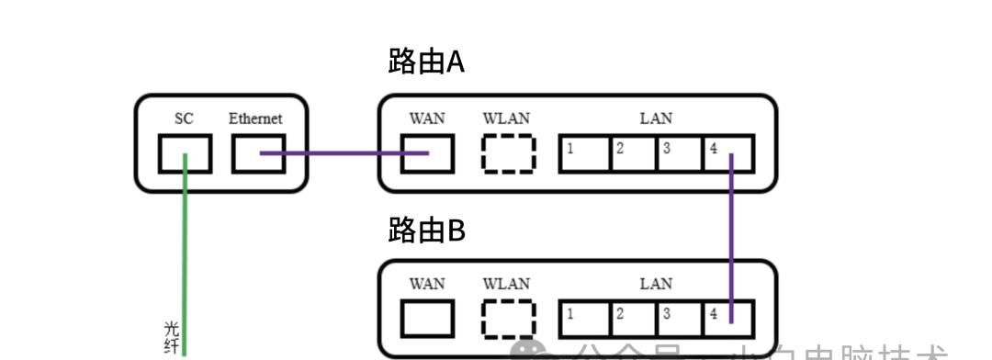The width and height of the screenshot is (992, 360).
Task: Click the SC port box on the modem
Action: (185, 153)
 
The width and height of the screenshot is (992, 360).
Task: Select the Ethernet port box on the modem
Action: (258, 153)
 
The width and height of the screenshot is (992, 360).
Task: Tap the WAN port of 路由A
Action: (427, 153)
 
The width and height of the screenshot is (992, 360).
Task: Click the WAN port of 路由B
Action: (427, 319)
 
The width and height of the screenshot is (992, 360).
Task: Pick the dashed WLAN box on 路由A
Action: (508, 153)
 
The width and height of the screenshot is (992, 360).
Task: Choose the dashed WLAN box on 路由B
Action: (508, 319)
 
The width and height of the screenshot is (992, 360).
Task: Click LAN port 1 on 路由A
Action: (586, 154)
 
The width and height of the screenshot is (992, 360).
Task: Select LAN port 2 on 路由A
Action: (634, 154)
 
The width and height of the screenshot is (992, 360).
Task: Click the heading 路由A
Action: (426, 63)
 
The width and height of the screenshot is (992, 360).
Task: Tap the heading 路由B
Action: (426, 231)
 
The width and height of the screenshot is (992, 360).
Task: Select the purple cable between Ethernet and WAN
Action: (344, 153)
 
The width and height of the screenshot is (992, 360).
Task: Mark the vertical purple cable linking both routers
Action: (732, 239)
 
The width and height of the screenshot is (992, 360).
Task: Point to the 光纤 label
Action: (170, 337)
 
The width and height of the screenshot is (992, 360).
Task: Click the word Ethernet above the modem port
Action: (255, 118)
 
